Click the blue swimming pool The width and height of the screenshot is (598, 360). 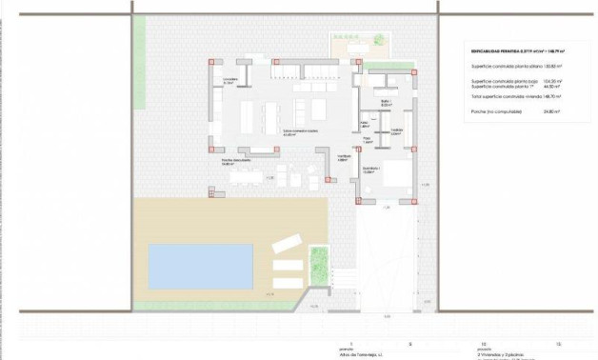click(x=201, y=265)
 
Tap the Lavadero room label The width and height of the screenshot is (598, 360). click(x=229, y=81)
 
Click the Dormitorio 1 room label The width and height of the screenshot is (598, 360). click(x=370, y=170)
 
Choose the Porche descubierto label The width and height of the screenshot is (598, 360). click(x=234, y=162)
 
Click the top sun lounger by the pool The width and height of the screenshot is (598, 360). click(x=287, y=245)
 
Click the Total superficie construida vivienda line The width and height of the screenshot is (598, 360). click(x=507, y=98)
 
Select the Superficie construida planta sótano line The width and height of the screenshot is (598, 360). click(x=504, y=67)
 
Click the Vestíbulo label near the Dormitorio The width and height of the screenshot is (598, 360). click(x=344, y=157)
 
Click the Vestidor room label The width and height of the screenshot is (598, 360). click(x=397, y=131)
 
